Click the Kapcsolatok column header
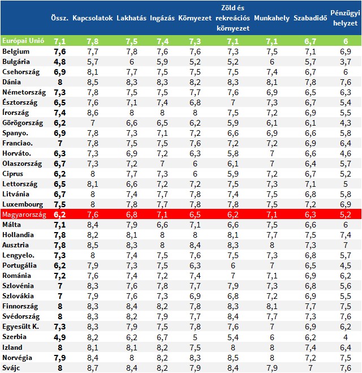(x=92, y=18)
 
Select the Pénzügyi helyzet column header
(x=345, y=18)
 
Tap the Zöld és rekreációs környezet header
(x=232, y=18)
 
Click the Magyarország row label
(x=24, y=215)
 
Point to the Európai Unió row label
(x=23, y=41)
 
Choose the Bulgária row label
(x=16, y=62)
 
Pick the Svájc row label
(x=11, y=368)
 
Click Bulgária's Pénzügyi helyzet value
(x=346, y=62)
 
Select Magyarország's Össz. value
(x=59, y=215)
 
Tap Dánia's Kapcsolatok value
(x=92, y=82)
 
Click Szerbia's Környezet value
(x=195, y=337)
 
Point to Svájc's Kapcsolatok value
(x=92, y=368)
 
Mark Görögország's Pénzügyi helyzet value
(x=346, y=123)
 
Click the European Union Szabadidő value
(x=310, y=41)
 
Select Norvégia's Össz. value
(x=59, y=358)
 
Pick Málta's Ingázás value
(x=162, y=225)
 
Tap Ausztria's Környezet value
(x=195, y=245)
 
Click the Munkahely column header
(x=271, y=18)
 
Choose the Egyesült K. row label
(x=20, y=327)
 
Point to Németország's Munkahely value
(x=271, y=92)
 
